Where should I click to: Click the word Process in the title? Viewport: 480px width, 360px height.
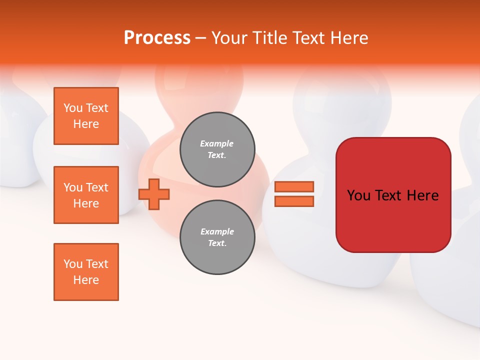point(157,38)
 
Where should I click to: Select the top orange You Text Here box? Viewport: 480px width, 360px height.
point(86,116)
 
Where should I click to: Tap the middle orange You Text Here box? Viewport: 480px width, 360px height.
point(86,195)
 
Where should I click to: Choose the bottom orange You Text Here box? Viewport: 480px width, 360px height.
point(86,272)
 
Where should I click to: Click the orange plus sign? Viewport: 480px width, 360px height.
point(154,194)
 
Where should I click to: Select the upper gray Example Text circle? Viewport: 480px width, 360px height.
point(217,149)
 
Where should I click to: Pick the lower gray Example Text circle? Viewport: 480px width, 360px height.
point(217,237)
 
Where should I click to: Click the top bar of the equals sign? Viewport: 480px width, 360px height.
point(294,186)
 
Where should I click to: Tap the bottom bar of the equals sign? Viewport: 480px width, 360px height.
point(294,201)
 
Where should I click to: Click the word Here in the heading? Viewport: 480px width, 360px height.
point(347,38)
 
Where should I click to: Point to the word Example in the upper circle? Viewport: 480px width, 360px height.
point(217,143)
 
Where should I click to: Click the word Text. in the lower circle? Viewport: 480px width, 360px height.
point(217,243)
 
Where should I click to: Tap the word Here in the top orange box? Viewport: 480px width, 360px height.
point(86,124)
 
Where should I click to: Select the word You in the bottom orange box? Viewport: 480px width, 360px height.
point(72,264)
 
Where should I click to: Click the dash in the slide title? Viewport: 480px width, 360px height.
point(200,38)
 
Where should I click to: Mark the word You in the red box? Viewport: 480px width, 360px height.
point(359,195)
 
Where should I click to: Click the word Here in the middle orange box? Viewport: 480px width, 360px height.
point(86,203)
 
